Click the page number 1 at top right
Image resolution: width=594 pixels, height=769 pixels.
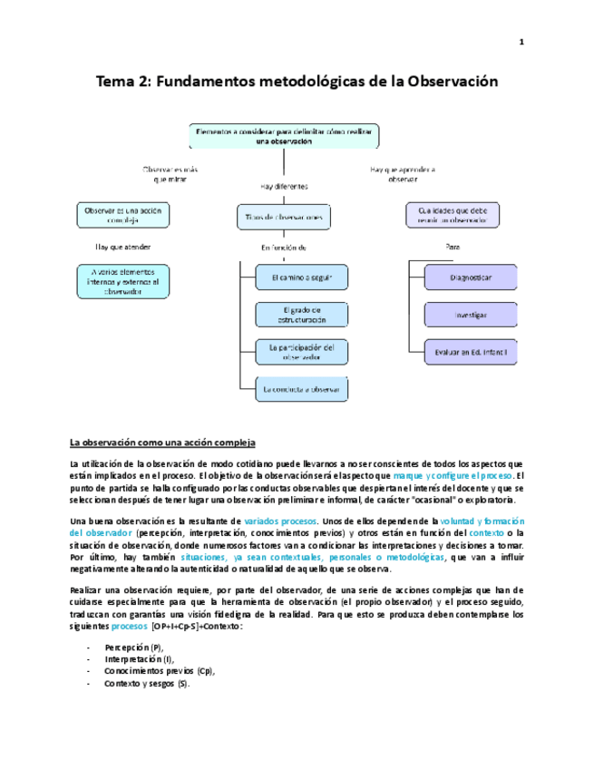[x=521, y=42]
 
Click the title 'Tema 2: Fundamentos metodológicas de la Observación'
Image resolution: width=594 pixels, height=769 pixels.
[x=297, y=81]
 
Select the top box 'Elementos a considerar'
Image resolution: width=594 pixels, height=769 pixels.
[x=284, y=136]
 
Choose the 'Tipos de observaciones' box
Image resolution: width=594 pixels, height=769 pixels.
[x=284, y=218]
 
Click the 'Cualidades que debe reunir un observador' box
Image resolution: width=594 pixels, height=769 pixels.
[x=452, y=215]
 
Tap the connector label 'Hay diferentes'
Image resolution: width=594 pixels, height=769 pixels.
[x=284, y=186]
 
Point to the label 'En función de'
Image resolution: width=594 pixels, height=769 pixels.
[x=284, y=247]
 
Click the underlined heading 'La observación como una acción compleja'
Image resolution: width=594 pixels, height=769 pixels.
[x=163, y=443]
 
